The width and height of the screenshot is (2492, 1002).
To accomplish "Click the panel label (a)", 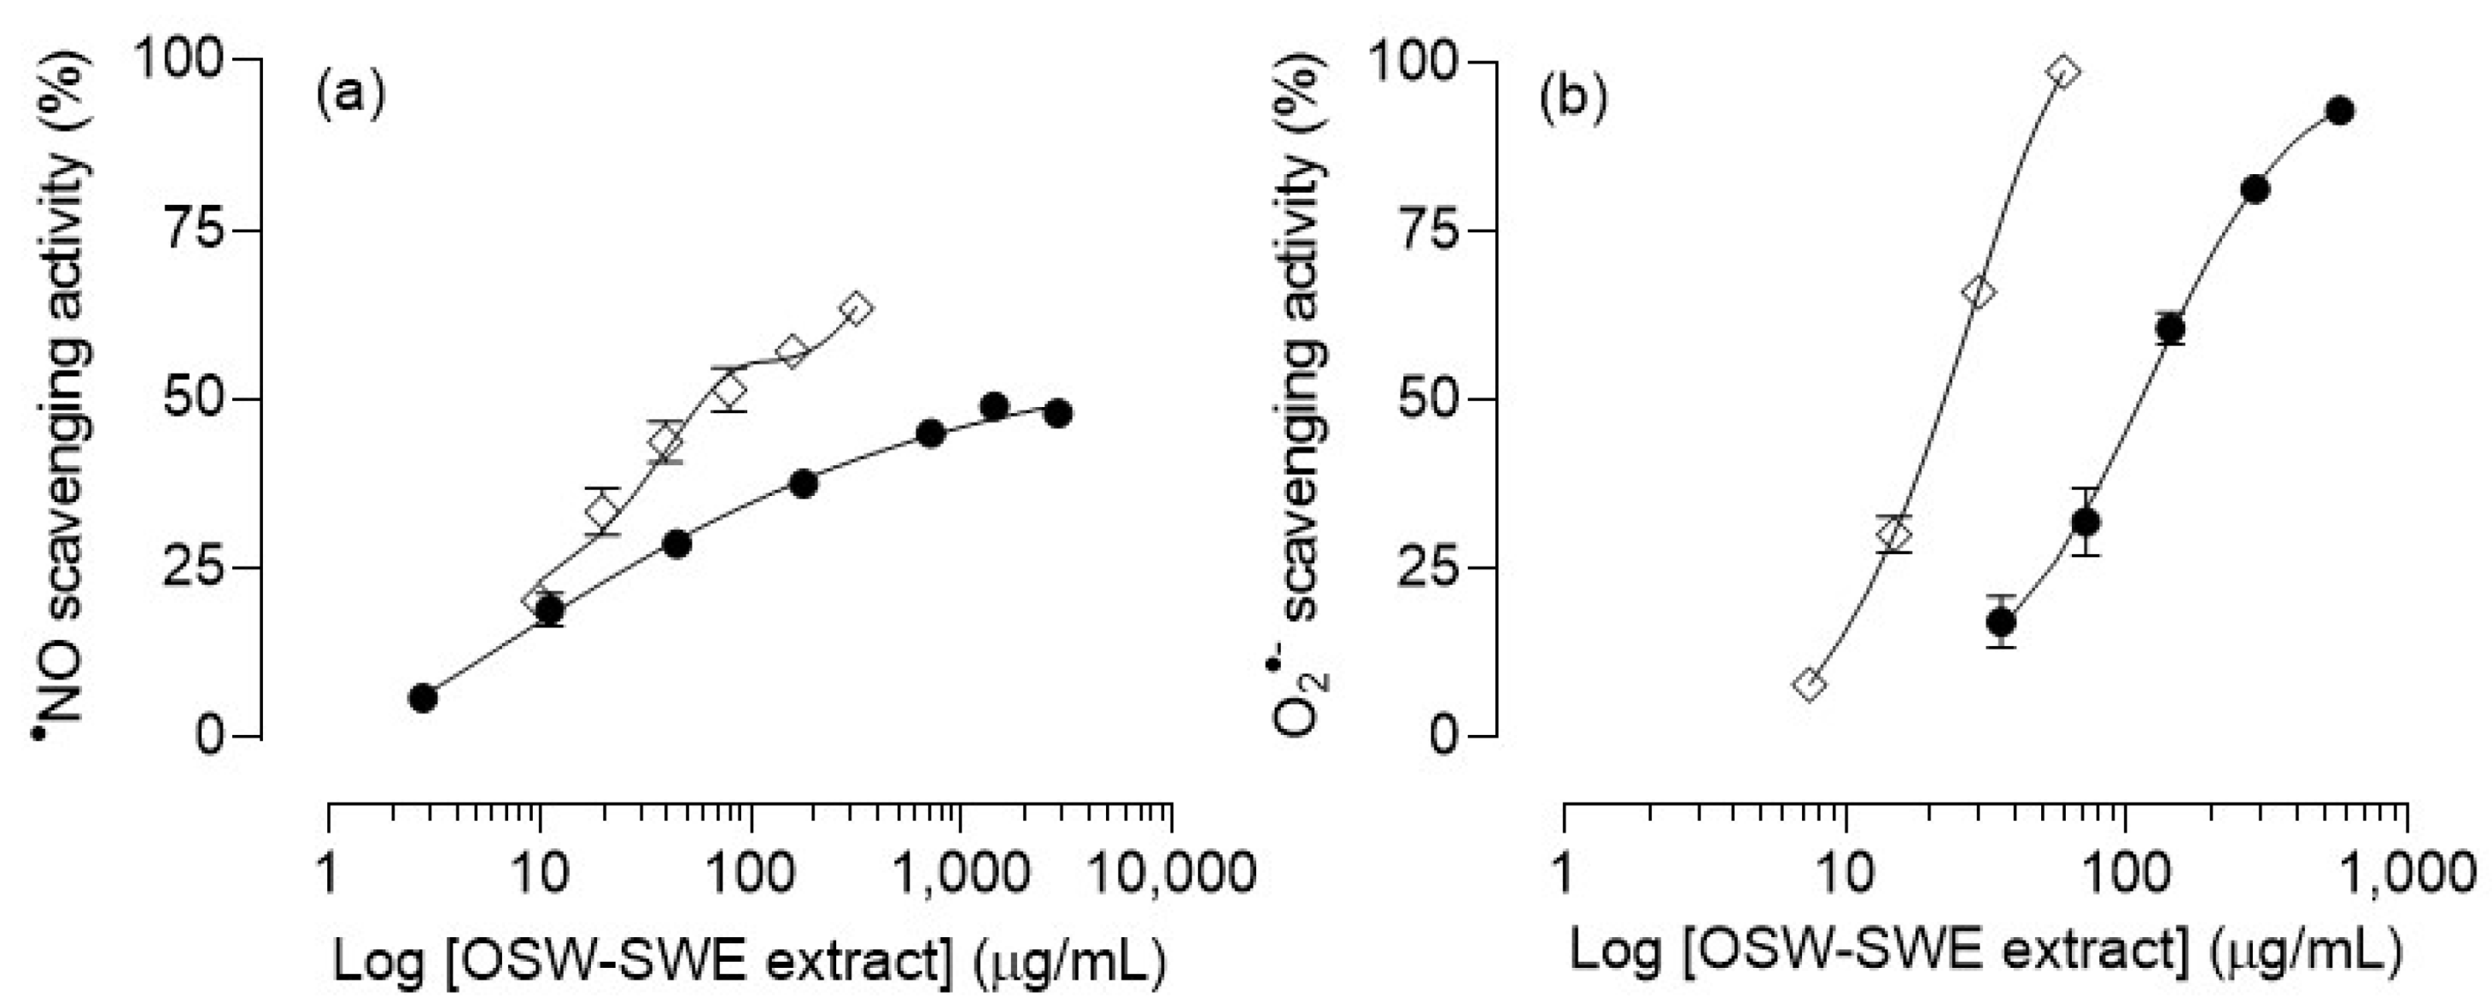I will tap(350, 97).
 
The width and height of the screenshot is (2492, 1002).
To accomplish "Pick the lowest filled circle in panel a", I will tap(423, 697).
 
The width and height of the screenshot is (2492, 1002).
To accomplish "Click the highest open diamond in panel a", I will tap(856, 308).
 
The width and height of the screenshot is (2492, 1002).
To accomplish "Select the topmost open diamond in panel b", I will tap(2063, 72).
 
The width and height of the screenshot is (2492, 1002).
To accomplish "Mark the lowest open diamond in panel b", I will tap(1809, 684).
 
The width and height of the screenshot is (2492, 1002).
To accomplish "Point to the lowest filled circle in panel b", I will tap(2001, 621).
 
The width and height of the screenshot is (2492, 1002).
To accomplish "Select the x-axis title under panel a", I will tap(750, 960).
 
